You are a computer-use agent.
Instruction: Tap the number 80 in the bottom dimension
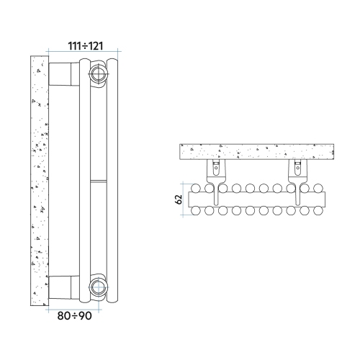point(66,315)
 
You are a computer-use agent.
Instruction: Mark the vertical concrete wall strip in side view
point(39,180)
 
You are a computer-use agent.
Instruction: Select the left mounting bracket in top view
point(216,171)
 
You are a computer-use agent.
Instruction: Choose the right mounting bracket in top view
point(296,171)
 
